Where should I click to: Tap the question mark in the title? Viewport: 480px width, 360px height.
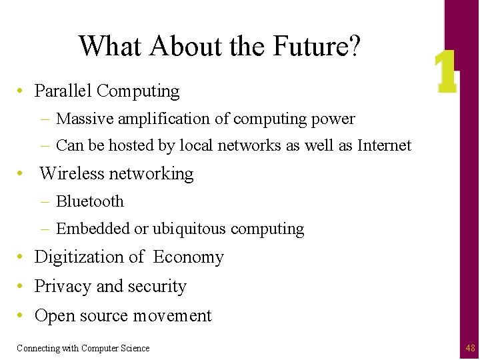pyautogui.click(x=355, y=46)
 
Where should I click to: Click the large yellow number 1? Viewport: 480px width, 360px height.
pyautogui.click(x=445, y=73)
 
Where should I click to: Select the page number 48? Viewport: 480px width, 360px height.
pyautogui.click(x=471, y=348)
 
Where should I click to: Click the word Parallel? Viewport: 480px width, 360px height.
pyautogui.click(x=63, y=91)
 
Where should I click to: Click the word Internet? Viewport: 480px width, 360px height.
pyautogui.click(x=385, y=145)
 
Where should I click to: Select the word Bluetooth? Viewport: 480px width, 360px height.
pyautogui.click(x=90, y=201)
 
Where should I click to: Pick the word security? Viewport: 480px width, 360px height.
pyautogui.click(x=157, y=287)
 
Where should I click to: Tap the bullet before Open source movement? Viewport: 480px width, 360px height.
pyautogui.click(x=23, y=316)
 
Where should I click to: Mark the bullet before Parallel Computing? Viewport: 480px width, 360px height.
pyautogui.click(x=23, y=91)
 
